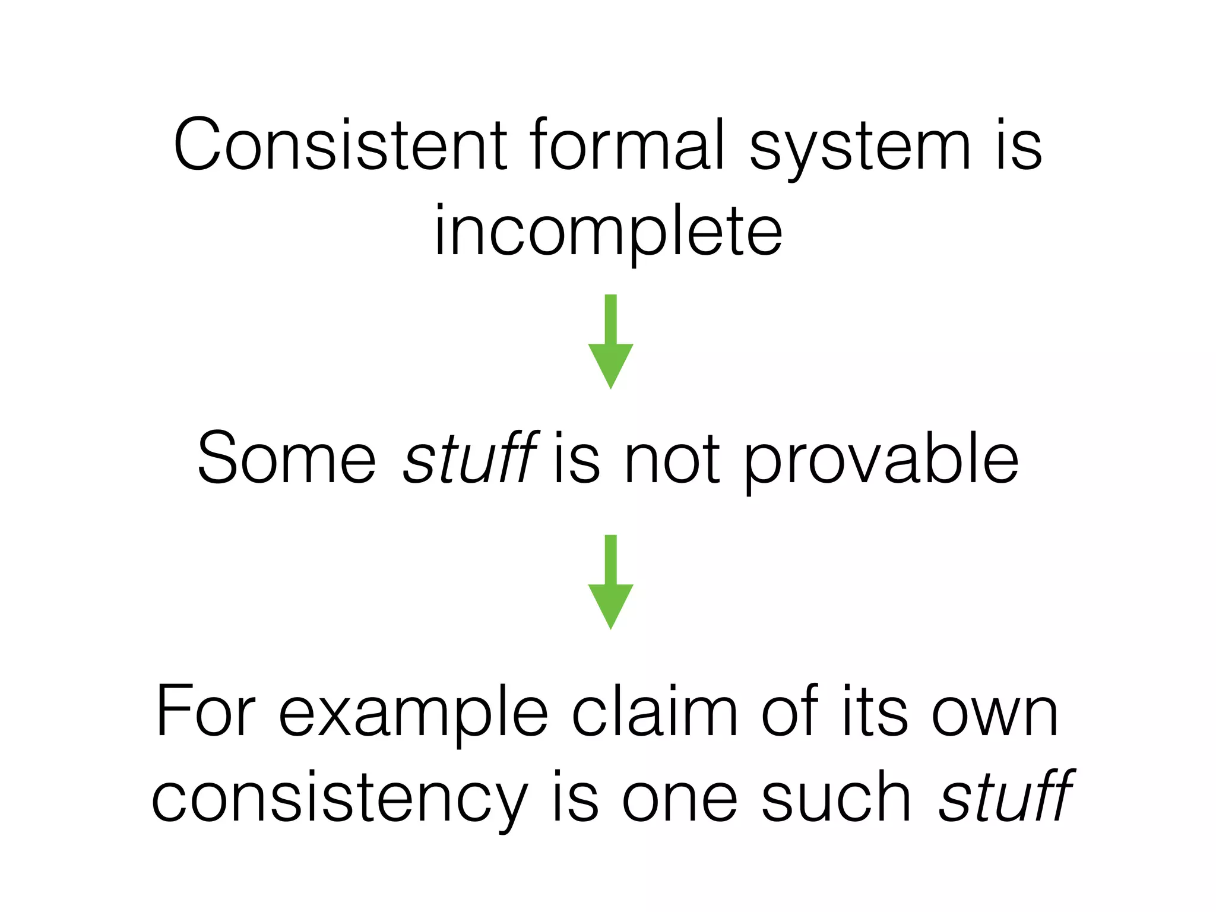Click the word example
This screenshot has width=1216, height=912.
point(413,715)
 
